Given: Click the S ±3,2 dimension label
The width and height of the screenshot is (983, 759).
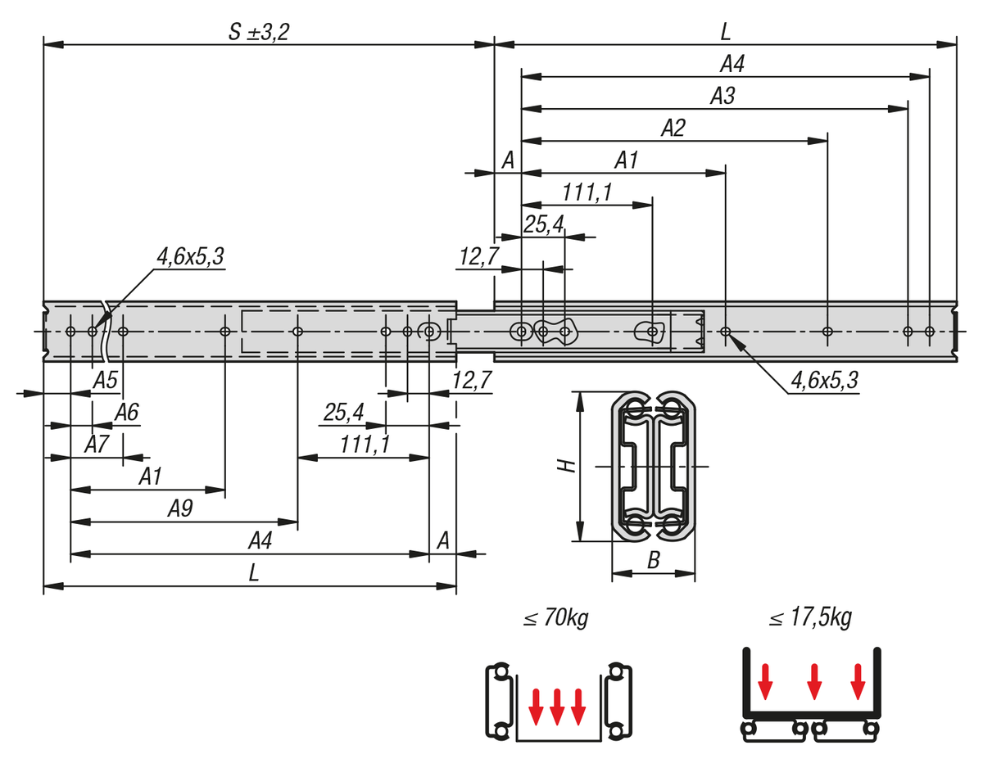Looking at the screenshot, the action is tap(259, 32).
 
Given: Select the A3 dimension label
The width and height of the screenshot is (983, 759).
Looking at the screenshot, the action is tap(723, 96).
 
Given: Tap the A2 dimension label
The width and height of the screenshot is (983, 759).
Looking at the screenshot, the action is tap(673, 128).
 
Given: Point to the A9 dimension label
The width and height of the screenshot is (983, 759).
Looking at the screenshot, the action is tap(180, 508).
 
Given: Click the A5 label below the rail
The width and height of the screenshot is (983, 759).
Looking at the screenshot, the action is tap(106, 380).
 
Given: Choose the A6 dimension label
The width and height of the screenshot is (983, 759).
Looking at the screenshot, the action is tap(127, 413).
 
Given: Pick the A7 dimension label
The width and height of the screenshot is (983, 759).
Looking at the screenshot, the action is tap(97, 445).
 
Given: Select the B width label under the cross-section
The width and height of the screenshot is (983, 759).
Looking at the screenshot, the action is tap(653, 561).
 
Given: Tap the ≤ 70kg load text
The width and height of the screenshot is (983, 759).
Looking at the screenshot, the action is tap(556, 617).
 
